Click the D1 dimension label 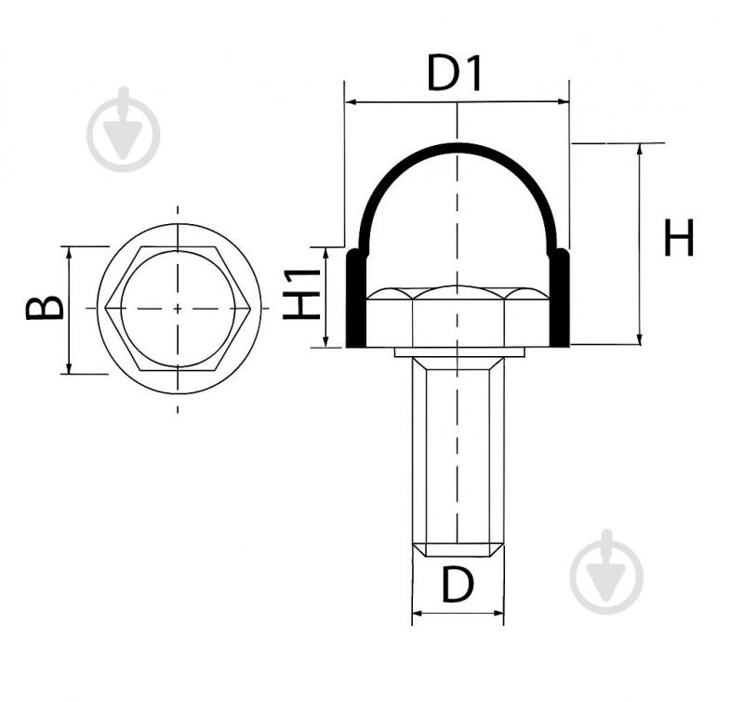454,73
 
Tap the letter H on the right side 679,237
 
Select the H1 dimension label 302,294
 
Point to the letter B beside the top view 45,308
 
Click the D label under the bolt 458,585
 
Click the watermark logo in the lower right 606,572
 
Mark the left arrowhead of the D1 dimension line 352,101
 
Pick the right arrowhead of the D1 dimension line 563,101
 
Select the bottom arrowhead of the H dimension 640,338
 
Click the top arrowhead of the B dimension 69,253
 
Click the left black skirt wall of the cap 355,298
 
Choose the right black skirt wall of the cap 559,298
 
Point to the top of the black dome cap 458,146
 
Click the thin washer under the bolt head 459,352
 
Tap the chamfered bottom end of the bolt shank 458,550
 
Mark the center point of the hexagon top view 178,309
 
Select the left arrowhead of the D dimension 418,614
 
